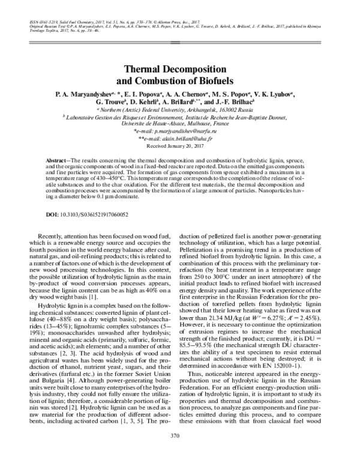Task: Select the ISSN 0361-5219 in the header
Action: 40,19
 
